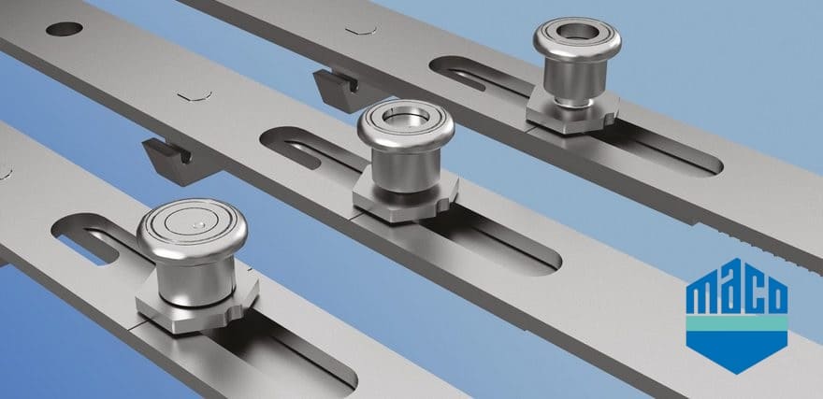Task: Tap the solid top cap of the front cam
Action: coord(192,231)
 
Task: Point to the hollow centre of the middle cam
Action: coord(406,117)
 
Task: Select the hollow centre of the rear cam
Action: coord(577,31)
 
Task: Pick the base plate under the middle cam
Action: coord(405,198)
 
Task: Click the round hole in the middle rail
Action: coord(64,29)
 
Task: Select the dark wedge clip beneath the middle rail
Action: coord(173,161)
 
